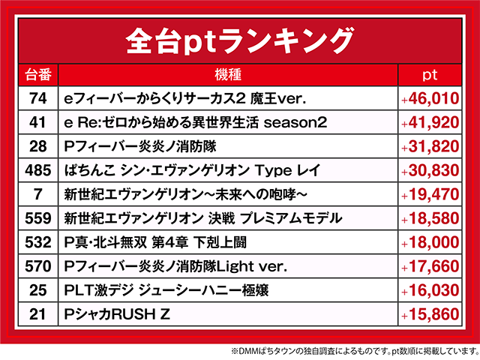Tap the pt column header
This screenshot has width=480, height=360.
coord(430,75)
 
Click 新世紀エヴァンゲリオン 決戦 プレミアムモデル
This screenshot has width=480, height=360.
coord(203,218)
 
